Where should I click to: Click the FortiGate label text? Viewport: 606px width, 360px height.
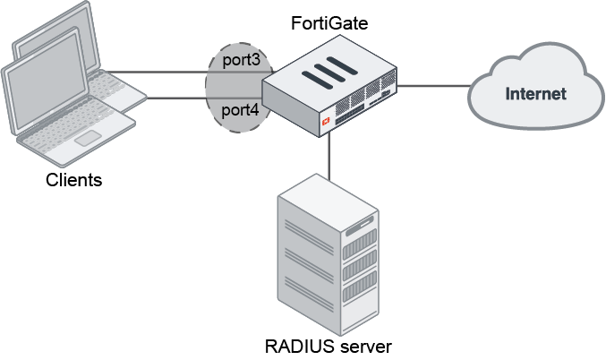(x=330, y=20)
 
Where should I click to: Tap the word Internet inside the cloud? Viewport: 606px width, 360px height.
(x=535, y=93)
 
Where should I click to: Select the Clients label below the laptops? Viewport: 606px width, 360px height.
(x=73, y=181)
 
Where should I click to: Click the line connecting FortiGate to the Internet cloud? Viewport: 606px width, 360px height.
(x=434, y=86)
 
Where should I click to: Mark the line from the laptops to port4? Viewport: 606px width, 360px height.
(x=175, y=97)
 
